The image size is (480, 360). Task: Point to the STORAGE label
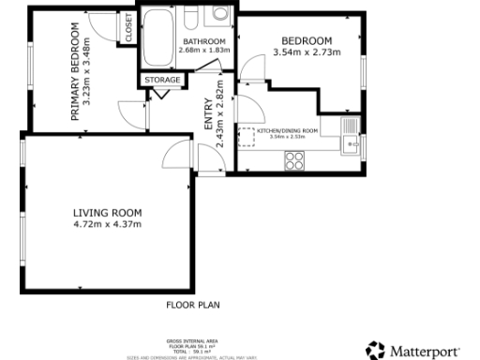point(161,81)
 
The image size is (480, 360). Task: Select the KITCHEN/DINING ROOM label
point(288,131)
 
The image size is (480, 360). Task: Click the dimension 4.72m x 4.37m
point(107,224)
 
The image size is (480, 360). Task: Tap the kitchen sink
point(350,143)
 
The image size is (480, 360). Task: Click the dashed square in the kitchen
point(247,138)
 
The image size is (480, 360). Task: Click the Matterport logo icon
point(375,350)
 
